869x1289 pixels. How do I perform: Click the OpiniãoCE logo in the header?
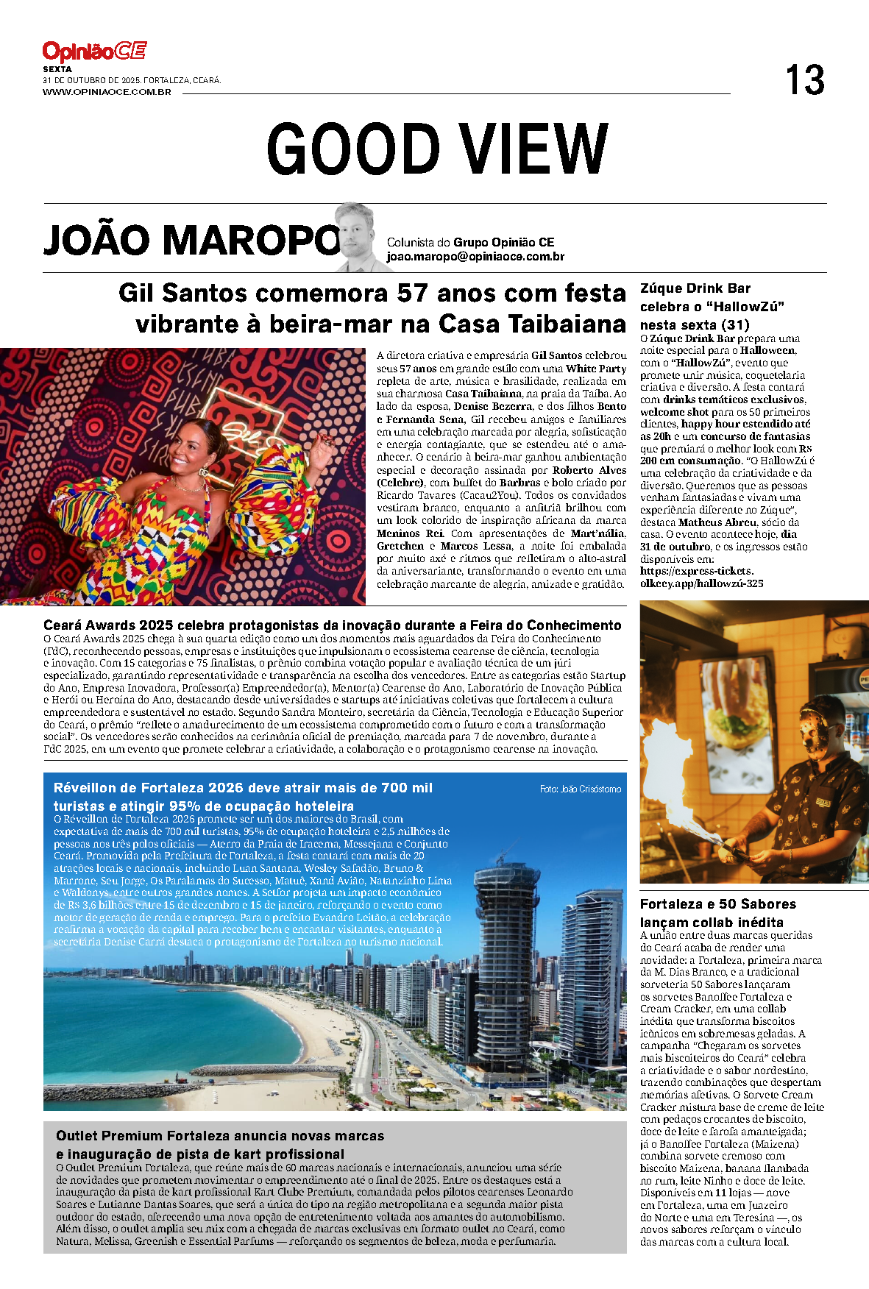pos(94,52)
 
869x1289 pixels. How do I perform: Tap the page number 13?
pos(804,80)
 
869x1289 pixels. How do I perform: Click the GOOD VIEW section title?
pos(437,148)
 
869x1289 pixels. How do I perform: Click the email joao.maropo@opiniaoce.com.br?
pos(475,257)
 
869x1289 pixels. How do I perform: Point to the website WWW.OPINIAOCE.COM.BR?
pos(107,92)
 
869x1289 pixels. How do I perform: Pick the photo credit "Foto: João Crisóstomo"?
pos(580,789)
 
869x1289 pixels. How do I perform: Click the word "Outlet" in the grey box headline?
pos(77,1136)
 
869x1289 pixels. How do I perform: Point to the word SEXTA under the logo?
pos(57,69)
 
